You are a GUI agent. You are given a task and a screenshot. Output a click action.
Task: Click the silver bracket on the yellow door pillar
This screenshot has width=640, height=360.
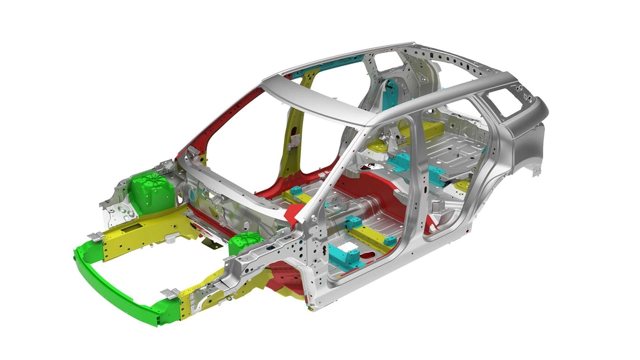tap(295, 139)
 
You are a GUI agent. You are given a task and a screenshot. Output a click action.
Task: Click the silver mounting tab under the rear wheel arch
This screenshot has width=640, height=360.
tap(534, 172)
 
